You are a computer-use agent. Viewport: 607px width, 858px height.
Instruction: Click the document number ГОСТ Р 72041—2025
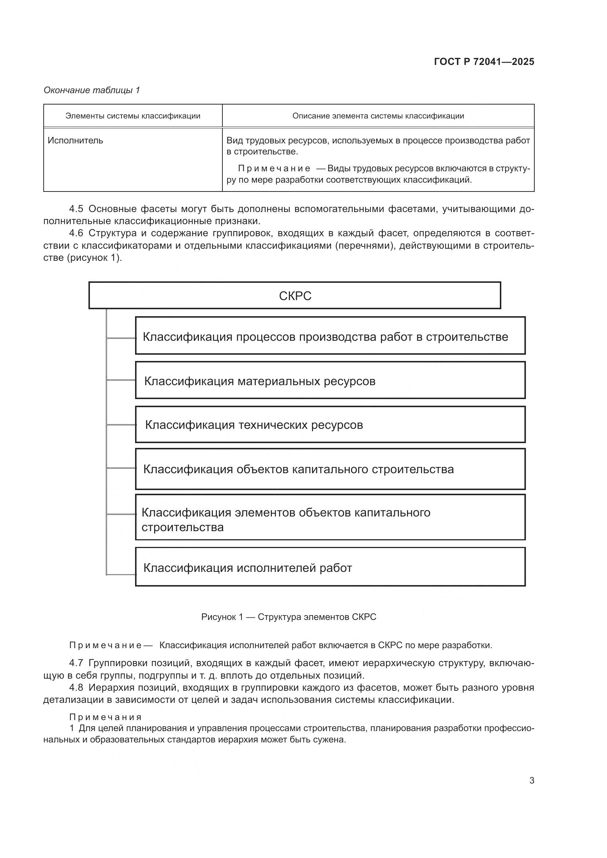click(484, 62)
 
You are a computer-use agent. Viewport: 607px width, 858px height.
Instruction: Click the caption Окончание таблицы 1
click(92, 90)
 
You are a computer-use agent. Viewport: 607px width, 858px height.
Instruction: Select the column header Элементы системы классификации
click(133, 116)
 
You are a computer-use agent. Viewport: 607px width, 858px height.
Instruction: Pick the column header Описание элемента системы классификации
click(378, 116)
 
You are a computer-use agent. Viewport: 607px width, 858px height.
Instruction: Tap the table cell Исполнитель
click(75, 140)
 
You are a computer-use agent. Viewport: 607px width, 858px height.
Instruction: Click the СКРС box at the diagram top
click(295, 296)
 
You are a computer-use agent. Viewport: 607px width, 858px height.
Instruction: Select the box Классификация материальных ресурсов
click(330, 380)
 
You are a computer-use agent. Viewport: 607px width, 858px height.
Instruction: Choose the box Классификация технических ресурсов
click(330, 424)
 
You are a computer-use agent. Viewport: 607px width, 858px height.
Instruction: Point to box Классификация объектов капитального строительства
click(330, 469)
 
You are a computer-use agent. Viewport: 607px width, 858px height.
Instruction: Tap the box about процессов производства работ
click(330, 336)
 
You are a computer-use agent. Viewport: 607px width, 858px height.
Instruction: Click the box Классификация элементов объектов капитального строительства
click(330, 517)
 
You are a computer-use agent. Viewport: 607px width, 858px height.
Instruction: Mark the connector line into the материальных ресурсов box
click(121, 380)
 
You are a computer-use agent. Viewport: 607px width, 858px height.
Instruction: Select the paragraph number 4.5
click(76, 209)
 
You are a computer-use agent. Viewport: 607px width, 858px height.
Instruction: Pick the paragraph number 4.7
click(76, 663)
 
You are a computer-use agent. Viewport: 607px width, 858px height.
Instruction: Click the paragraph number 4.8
click(76, 687)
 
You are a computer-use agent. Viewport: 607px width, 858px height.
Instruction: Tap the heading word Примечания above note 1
click(105, 717)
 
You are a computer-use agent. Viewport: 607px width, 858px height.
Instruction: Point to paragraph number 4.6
click(76, 233)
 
